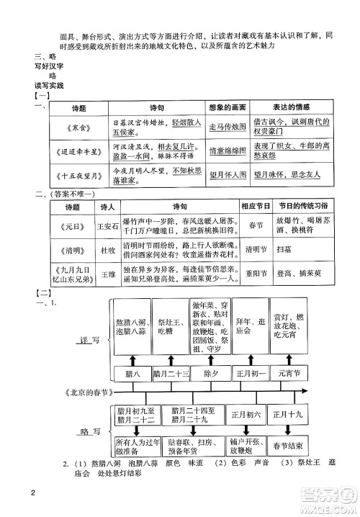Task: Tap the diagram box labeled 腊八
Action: [133, 374]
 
